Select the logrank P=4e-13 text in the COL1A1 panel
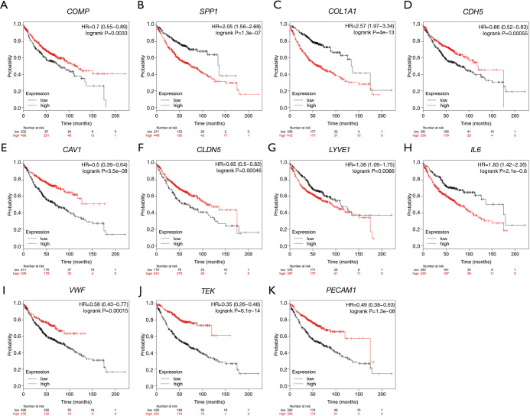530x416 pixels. [369, 38]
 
